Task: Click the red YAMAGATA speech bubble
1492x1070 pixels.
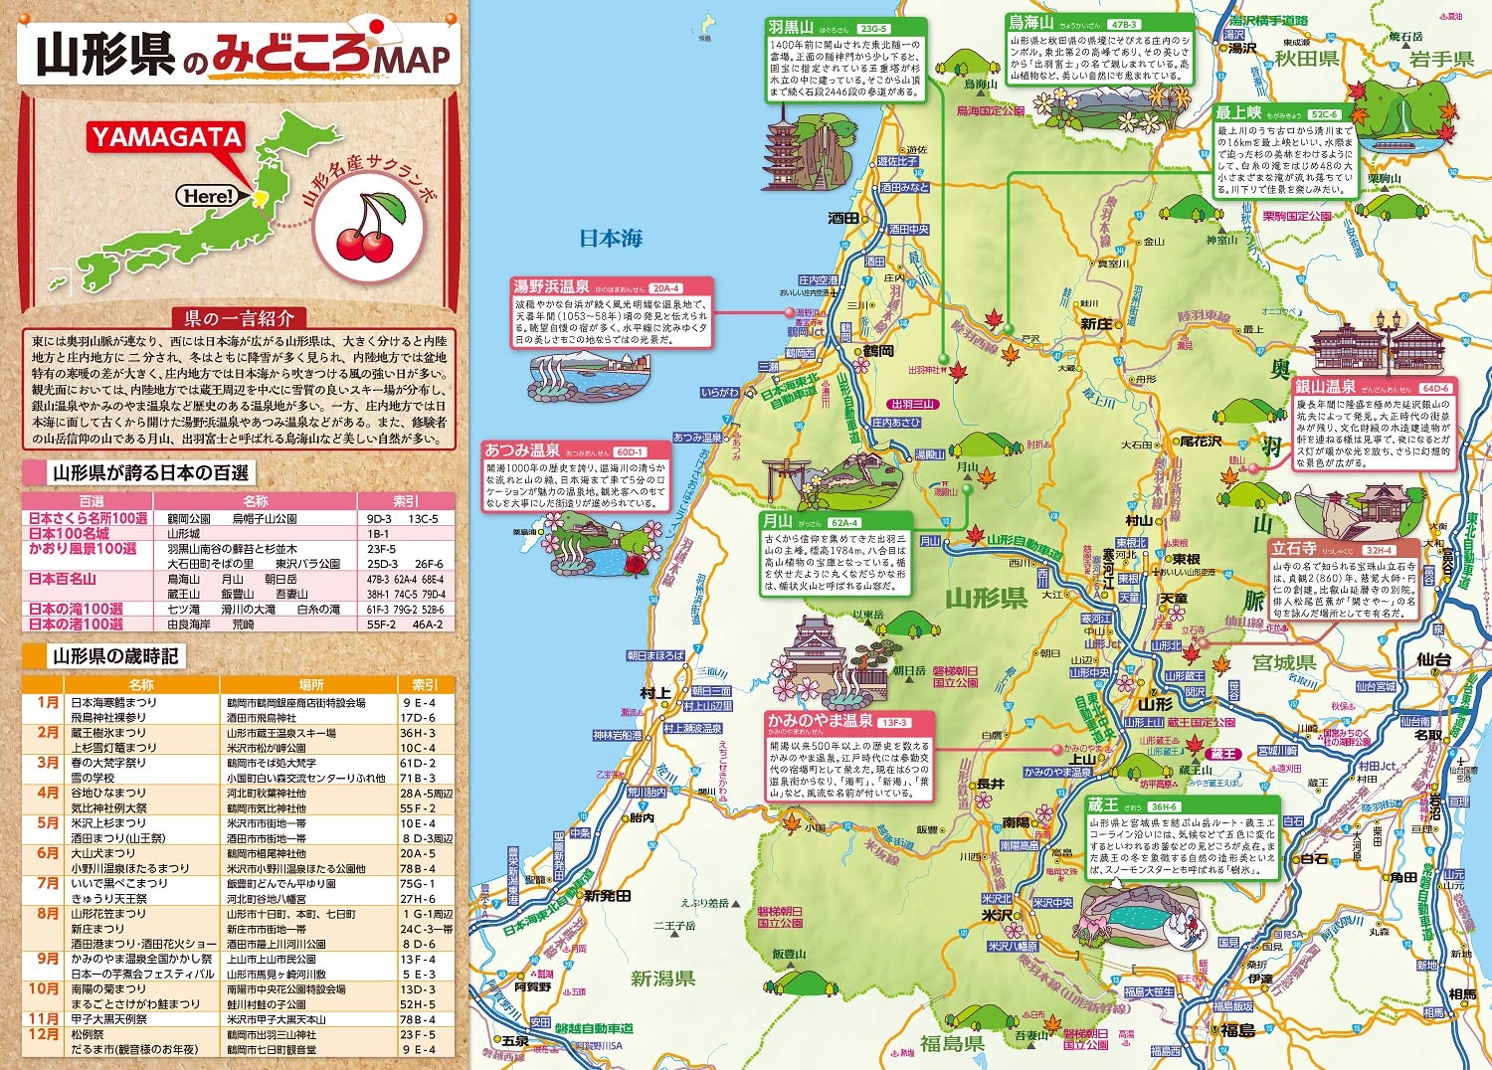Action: [x=166, y=137]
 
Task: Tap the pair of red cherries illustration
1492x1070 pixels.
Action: [x=366, y=230]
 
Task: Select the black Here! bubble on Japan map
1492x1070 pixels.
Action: [x=208, y=196]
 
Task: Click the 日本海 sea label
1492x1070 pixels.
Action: [x=611, y=239]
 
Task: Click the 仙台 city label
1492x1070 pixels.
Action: [x=1433, y=659]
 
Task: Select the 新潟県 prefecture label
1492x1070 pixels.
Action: [x=661, y=979]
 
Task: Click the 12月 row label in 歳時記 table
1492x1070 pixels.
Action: [x=44, y=1034]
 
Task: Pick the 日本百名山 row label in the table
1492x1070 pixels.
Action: [x=62, y=579]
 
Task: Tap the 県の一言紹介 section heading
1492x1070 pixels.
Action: [x=239, y=318]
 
